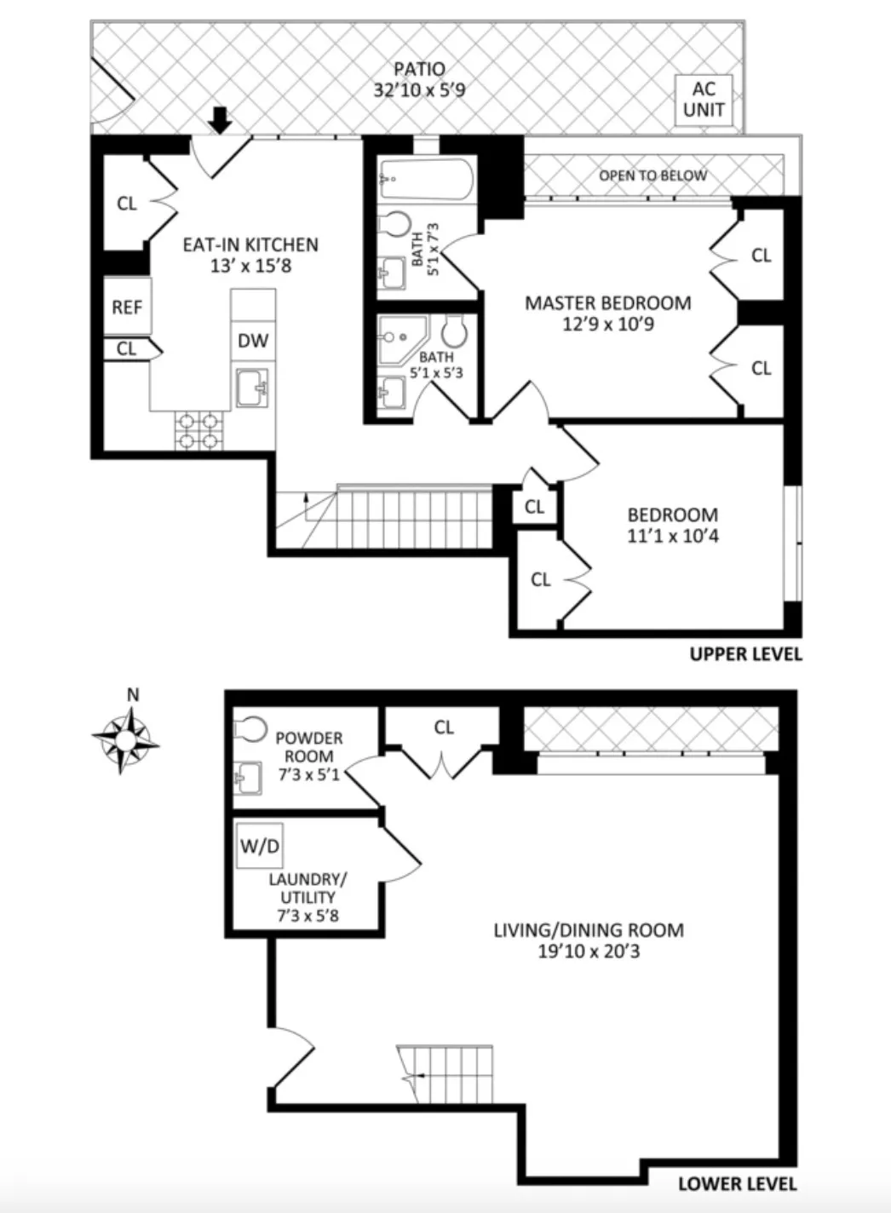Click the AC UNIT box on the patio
[703, 100]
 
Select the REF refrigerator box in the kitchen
[127, 306]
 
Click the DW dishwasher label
[252, 341]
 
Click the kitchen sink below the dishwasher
[253, 388]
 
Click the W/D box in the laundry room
[260, 847]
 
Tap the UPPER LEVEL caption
[745, 654]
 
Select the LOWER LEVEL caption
[737, 1183]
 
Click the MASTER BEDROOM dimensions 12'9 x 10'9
[607, 324]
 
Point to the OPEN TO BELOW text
[652, 175]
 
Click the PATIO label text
[419, 69]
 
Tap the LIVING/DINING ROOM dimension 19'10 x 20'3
[589, 951]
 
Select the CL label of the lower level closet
[444, 727]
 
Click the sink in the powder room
[247, 777]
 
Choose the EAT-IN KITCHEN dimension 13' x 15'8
[250, 266]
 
